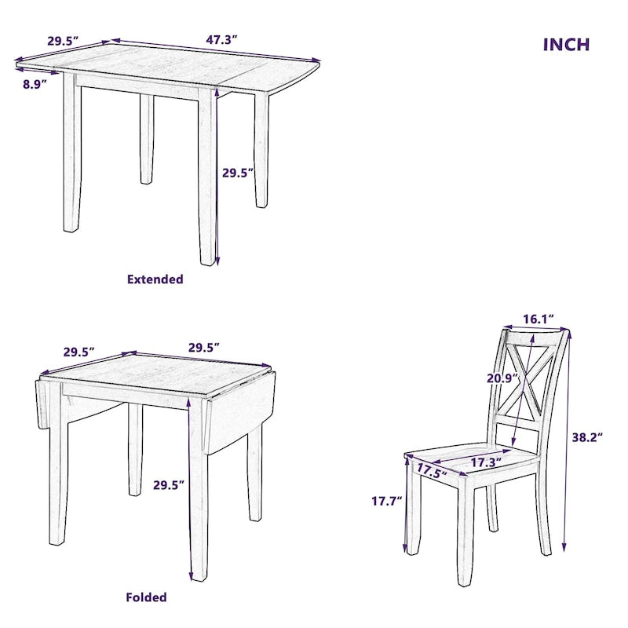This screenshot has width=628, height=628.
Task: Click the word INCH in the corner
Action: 566,44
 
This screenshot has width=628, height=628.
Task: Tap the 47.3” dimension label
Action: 222,36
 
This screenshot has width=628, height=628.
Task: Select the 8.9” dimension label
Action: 35,84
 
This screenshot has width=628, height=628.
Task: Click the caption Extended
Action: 155,279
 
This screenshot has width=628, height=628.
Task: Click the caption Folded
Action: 147,597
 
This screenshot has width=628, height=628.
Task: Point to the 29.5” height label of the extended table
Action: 238,173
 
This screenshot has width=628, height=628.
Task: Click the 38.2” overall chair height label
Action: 586,438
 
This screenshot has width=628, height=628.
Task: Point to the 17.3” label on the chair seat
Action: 486,463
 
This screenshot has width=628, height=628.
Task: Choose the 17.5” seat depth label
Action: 432,472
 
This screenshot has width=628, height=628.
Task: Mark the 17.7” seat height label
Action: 387,500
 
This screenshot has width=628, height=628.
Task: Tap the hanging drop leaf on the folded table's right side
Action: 235,416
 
